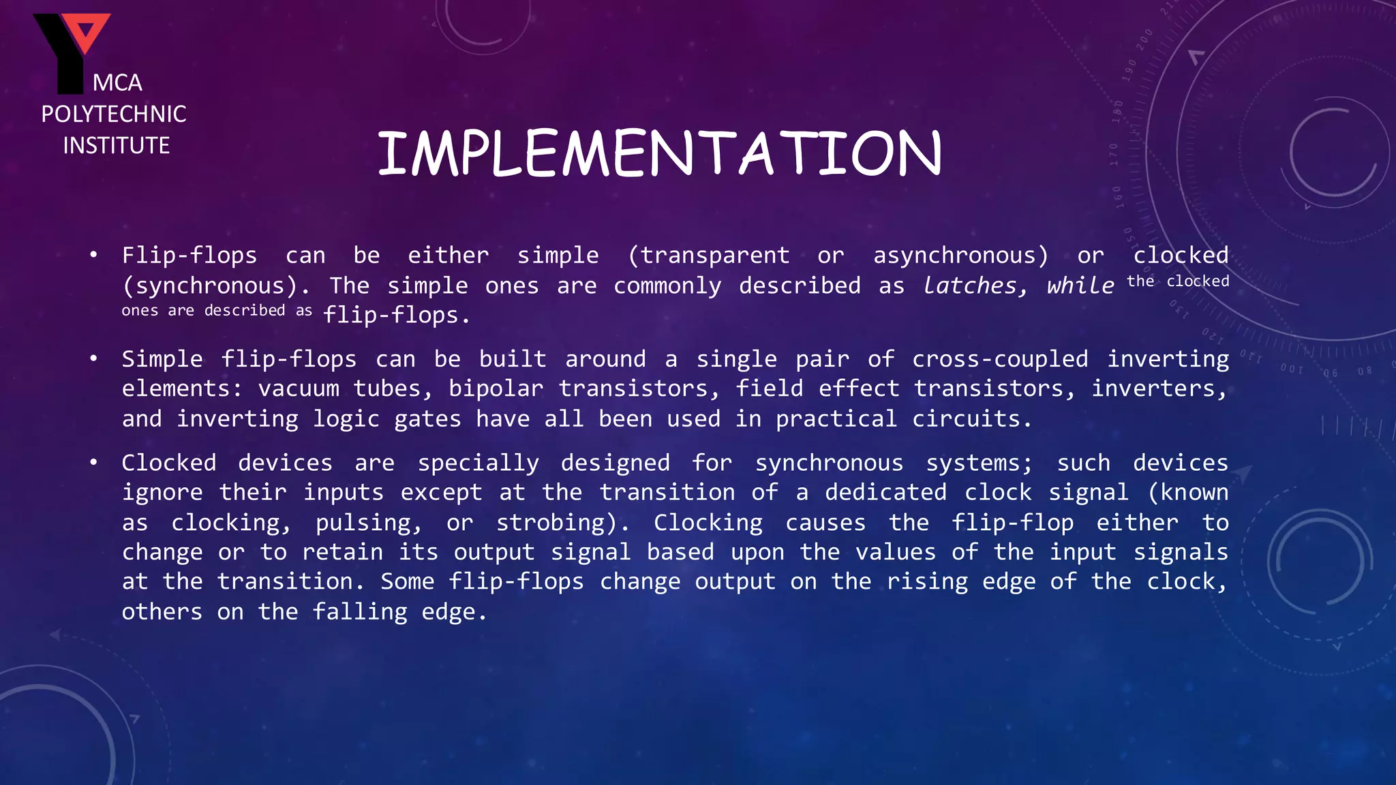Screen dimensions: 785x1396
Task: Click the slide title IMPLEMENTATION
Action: tap(660, 153)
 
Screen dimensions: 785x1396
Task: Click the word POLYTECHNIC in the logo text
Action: tap(114, 114)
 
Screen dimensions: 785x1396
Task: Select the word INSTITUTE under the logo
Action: tap(116, 145)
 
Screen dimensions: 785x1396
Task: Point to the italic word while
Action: tap(1080, 286)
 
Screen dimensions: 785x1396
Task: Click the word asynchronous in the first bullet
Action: tap(960, 256)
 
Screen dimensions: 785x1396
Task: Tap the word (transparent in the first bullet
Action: tap(708, 256)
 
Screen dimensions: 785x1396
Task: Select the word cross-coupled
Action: tap(1000, 359)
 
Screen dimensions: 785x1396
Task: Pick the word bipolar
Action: tap(496, 389)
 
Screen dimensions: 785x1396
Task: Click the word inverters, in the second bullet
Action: tap(1159, 389)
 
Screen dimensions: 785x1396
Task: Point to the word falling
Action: tap(360, 612)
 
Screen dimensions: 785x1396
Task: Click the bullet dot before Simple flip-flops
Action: tap(93, 358)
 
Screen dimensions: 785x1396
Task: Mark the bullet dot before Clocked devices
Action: tap(93, 463)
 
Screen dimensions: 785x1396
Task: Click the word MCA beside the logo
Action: tap(117, 83)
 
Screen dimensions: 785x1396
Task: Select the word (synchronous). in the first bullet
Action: tap(216, 286)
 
